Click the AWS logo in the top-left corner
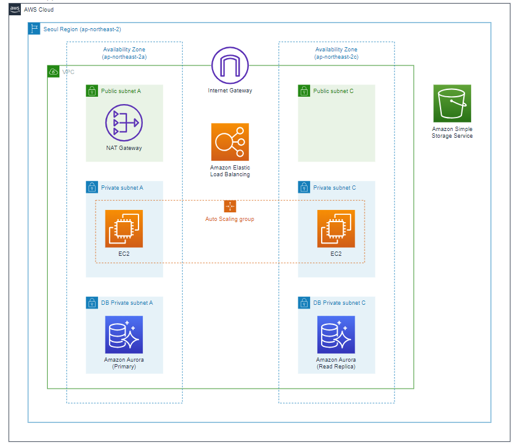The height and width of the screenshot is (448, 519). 15,10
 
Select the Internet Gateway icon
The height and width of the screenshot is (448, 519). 230,65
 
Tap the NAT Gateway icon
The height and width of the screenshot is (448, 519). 124,123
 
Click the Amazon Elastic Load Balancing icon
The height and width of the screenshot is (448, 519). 230,142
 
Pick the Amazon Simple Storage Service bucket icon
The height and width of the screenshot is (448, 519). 452,103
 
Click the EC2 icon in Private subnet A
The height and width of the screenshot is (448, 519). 124,228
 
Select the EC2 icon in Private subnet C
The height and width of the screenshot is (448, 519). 336,228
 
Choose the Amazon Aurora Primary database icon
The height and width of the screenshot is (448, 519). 124,335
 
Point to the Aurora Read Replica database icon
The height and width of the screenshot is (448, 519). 336,335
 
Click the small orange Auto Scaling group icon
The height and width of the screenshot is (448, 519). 230,206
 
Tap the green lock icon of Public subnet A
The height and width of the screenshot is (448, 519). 92,91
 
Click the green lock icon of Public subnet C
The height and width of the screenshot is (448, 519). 304,91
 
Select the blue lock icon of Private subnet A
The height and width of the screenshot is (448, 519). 92,187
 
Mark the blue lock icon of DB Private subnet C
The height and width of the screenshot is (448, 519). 304,302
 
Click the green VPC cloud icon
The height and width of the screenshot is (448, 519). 54,72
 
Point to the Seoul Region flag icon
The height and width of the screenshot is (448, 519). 34,29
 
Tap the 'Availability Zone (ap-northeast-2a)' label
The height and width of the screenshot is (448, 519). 124,53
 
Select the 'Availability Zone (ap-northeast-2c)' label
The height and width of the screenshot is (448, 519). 336,53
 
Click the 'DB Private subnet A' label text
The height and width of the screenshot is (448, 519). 127,302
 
